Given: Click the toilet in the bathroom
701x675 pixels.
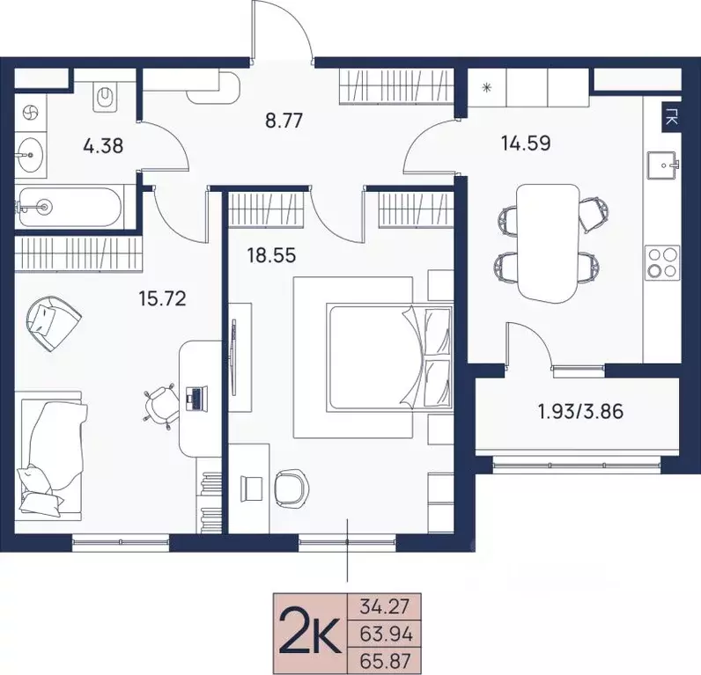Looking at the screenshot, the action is pyautogui.click(x=105, y=97).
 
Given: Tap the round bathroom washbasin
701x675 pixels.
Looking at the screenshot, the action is pyautogui.click(x=31, y=155).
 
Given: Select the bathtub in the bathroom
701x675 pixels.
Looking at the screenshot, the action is pyautogui.click(x=70, y=207).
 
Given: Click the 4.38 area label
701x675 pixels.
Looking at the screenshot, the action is pyautogui.click(x=103, y=146).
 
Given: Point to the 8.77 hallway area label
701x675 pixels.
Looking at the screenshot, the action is pyautogui.click(x=284, y=121).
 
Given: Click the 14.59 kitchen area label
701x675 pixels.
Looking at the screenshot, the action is pyautogui.click(x=527, y=143).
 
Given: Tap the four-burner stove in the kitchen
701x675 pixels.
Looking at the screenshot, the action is pyautogui.click(x=662, y=263).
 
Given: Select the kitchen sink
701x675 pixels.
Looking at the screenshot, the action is pyautogui.click(x=663, y=165).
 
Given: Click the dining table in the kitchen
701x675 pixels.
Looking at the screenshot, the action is pyautogui.click(x=548, y=244).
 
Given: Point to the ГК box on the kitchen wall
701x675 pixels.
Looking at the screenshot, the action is pyautogui.click(x=671, y=118).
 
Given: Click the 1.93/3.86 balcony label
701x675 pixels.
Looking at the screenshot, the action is pyautogui.click(x=581, y=412).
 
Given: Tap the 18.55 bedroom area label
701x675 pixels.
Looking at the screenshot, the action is pyautogui.click(x=272, y=256).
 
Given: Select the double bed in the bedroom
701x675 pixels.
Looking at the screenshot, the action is pyautogui.click(x=390, y=356).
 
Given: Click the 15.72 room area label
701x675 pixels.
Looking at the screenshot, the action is pyautogui.click(x=162, y=299).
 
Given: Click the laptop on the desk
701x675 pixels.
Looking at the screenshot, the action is pyautogui.click(x=196, y=399).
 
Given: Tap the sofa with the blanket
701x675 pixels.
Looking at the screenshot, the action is pyautogui.click(x=51, y=457).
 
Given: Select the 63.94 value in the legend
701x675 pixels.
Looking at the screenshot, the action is pyautogui.click(x=387, y=634).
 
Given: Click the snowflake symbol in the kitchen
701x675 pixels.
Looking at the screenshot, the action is pyautogui.click(x=486, y=88).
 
